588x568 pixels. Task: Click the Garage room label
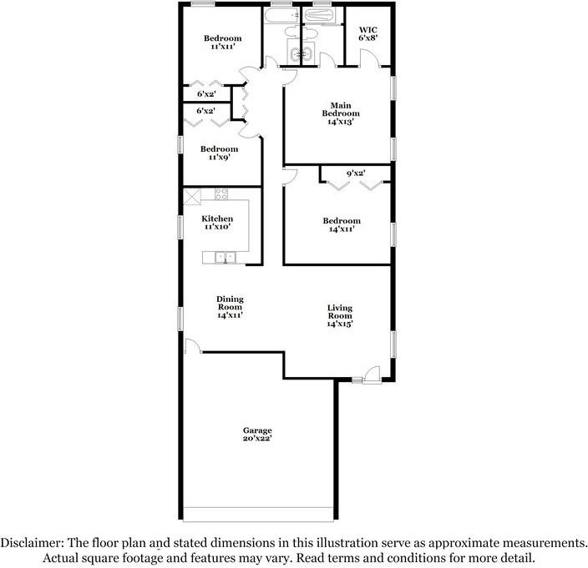[257, 430]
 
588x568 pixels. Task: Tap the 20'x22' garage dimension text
[257, 439]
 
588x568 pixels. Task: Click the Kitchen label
[217, 219]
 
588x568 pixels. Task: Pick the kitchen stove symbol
[222, 194]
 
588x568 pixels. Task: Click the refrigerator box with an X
[193, 196]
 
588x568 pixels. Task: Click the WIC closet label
[368, 31]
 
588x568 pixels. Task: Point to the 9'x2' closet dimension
[356, 174]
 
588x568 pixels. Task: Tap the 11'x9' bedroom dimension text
[217, 158]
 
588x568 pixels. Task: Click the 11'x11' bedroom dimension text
[223, 48]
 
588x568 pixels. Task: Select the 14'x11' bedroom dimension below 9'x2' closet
[340, 229]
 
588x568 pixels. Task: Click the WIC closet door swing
[368, 57]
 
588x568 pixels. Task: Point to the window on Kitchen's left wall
[181, 228]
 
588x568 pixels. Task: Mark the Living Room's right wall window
[394, 342]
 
